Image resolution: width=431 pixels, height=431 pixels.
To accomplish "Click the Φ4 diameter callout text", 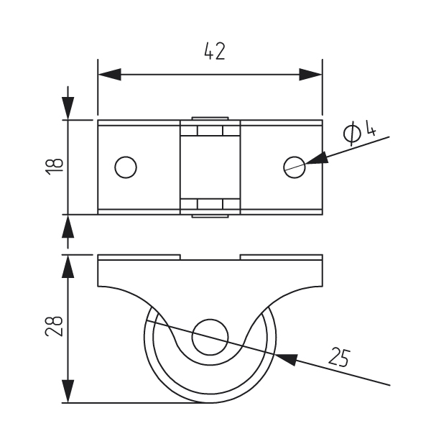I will pos(359,132).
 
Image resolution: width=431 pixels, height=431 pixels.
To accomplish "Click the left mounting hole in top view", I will pos(126,167).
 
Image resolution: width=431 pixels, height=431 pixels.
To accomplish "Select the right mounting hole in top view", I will pos(294,167).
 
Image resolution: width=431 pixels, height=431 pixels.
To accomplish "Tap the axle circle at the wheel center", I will pos(210,336).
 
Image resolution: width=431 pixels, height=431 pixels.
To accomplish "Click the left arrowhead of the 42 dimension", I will pos(108,74).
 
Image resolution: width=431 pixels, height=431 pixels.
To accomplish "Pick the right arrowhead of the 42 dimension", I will pos(311,74).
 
